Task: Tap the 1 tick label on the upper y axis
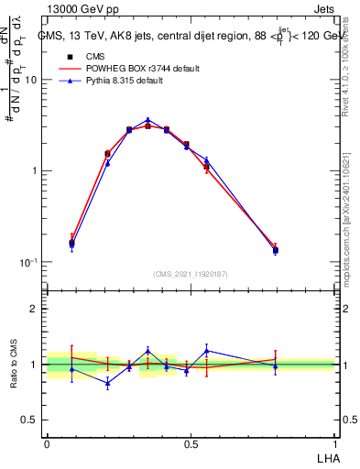click(35, 171)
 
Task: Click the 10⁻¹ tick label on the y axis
click(29, 262)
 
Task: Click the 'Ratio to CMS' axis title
click(15, 364)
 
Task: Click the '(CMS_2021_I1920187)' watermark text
click(191, 273)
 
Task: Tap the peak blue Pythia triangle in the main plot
click(147, 120)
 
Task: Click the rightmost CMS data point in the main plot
click(275, 249)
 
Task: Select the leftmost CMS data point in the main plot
click(72, 243)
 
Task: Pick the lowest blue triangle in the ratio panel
click(107, 384)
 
